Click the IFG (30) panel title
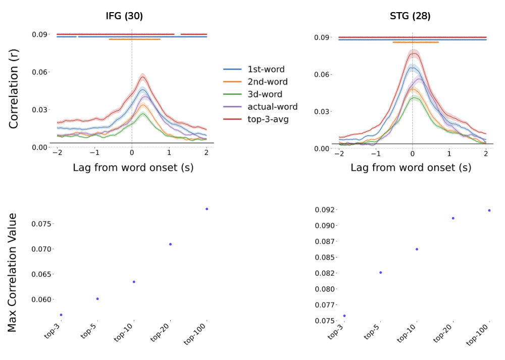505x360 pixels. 124,16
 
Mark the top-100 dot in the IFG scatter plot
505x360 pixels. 207,209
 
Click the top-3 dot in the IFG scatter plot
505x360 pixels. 61,315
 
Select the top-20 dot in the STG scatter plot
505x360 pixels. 453,218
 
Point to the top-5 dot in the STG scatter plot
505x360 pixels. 380,273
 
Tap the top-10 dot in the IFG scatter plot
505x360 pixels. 134,282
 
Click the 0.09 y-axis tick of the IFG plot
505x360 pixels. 40,34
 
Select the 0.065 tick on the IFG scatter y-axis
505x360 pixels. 41,274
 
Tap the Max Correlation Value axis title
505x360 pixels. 13,273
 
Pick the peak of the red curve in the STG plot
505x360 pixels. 414,53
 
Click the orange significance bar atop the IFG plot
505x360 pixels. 135,39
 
